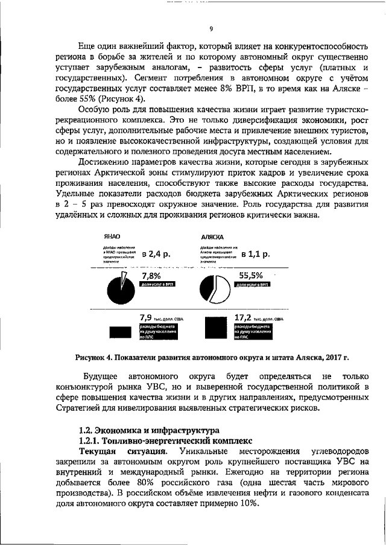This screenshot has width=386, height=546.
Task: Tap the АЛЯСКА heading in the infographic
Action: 212,238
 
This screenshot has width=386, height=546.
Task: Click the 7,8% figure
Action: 152,275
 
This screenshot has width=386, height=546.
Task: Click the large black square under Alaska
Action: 215,328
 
